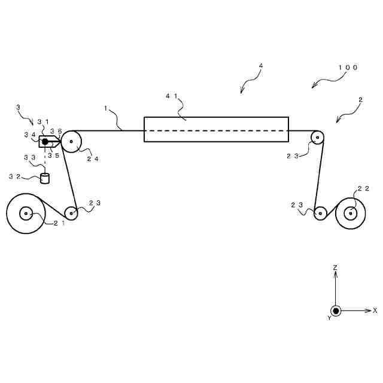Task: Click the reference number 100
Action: pos(348,68)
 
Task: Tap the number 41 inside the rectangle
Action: pos(172,96)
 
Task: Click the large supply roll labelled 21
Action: pos(26,213)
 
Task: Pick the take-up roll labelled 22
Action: pos(351,212)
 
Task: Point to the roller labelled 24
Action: pos(72,142)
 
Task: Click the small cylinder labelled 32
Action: pos(44,178)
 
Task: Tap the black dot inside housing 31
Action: pos(45,142)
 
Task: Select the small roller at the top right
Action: pos(317,138)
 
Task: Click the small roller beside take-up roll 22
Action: pos(320,212)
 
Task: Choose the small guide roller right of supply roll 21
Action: pos(71,212)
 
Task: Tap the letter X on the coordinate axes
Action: pos(375,311)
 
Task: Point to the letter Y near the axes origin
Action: pos(329,318)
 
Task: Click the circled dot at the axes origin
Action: pos(336,311)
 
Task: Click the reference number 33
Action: pos(29,157)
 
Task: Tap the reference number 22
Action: pos(363,189)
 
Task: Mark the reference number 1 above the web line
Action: pos(105,108)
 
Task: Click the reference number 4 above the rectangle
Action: pos(261,66)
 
